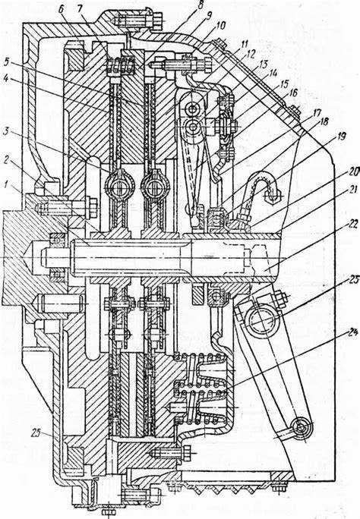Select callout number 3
click(x=6, y=130)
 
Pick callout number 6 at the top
click(x=61, y=9)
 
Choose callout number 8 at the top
click(x=199, y=5)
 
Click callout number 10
click(x=220, y=26)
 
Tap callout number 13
click(x=263, y=64)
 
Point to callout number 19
click(x=338, y=136)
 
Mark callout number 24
click(x=353, y=332)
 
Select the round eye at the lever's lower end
click(x=302, y=428)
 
